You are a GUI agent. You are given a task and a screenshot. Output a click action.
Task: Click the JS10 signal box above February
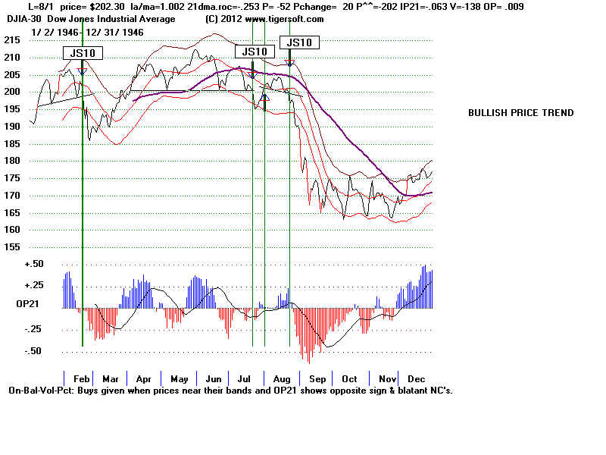(x=82, y=53)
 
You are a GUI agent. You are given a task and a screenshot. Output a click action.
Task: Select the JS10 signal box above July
(x=255, y=52)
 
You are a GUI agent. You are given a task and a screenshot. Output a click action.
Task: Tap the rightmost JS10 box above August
(x=299, y=42)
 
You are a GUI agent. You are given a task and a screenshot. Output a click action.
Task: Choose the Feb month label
(x=81, y=378)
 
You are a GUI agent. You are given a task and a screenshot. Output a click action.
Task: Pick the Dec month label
(x=416, y=378)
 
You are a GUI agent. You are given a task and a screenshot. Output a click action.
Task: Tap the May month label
(x=180, y=378)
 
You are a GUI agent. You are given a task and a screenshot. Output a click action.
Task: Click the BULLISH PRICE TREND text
(x=520, y=113)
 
